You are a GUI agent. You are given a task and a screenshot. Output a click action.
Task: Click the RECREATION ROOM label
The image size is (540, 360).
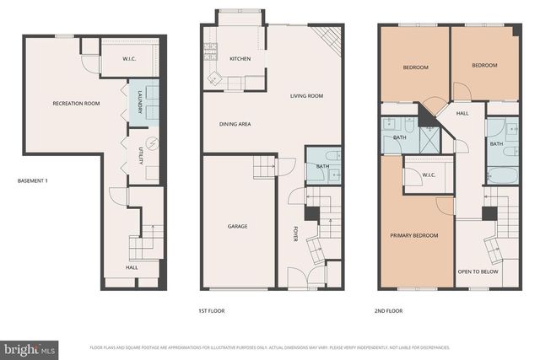[76, 104]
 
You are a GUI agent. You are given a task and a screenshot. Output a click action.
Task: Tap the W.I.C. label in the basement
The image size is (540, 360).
[129, 59]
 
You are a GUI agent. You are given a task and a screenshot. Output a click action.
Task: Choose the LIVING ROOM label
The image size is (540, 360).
[306, 96]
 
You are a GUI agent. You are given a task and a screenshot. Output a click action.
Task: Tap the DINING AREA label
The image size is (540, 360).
[235, 124]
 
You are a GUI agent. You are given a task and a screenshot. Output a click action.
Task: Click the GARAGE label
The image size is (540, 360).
[237, 226]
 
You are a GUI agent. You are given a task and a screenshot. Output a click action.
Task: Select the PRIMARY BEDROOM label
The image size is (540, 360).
[413, 235]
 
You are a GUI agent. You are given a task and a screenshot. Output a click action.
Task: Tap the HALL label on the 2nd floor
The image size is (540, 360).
[462, 113]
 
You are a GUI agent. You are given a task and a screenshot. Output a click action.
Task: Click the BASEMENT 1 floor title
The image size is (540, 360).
[34, 181]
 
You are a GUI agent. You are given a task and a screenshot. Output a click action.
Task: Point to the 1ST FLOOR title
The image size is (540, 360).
[211, 311]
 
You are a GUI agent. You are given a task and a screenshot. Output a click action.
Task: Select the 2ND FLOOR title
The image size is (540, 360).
[388, 311]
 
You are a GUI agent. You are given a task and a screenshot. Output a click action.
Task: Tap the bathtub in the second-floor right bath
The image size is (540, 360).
[502, 175]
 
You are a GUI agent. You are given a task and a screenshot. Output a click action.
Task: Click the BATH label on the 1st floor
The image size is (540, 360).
[322, 167]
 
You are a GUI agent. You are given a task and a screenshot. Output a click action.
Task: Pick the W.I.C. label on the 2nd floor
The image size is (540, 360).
[417, 175]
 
